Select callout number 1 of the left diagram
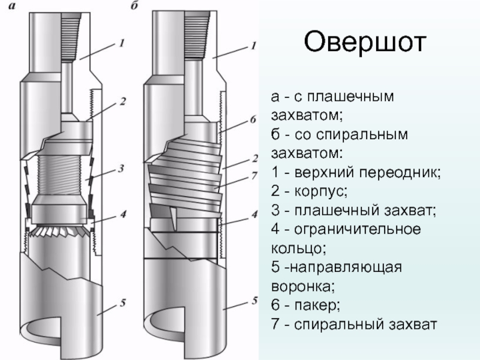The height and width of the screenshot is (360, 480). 122,43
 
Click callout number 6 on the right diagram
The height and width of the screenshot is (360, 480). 253,120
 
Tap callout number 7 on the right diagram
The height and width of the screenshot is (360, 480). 254,175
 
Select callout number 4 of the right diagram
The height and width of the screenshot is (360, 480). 254,214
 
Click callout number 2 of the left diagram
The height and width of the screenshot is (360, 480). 122,101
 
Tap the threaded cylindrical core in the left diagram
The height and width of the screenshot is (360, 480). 58,176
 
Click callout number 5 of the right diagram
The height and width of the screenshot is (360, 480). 254,300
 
